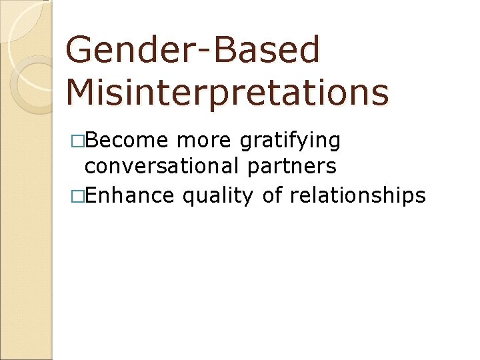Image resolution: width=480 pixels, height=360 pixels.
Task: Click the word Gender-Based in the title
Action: pyautogui.click(x=193, y=50)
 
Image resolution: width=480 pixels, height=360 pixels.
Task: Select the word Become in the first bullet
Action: pyautogui.click(x=128, y=141)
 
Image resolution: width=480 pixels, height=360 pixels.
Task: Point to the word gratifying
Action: pyautogui.click(x=290, y=142)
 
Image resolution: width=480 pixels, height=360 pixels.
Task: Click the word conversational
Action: pyautogui.click(x=162, y=166)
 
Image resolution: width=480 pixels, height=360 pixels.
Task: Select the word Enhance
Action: pyautogui.click(x=130, y=195)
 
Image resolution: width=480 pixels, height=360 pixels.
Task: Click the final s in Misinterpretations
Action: pyautogui.click(x=381, y=95)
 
